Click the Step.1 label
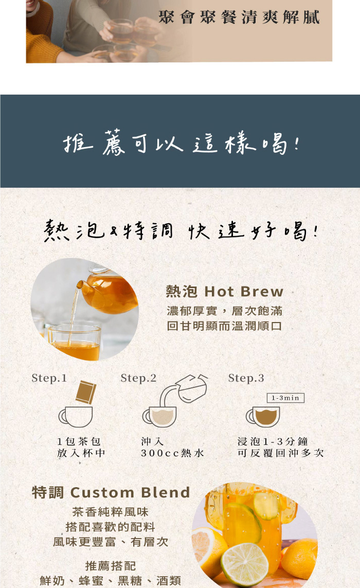tap(49, 378)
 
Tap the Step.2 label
tap(138, 378)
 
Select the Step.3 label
tap(246, 378)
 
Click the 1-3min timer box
tap(285, 398)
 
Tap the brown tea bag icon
tap(86, 392)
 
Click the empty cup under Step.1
tap(76, 417)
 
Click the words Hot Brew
tap(244, 291)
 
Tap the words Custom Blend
tap(130, 492)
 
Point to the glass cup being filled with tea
tap(75, 343)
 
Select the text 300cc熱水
tap(172, 453)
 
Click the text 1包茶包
tap(79, 441)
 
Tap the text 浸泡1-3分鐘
tap(273, 441)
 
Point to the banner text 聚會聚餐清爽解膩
tap(239, 17)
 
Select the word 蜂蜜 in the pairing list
tap(91, 580)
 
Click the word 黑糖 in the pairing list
tap(130, 580)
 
